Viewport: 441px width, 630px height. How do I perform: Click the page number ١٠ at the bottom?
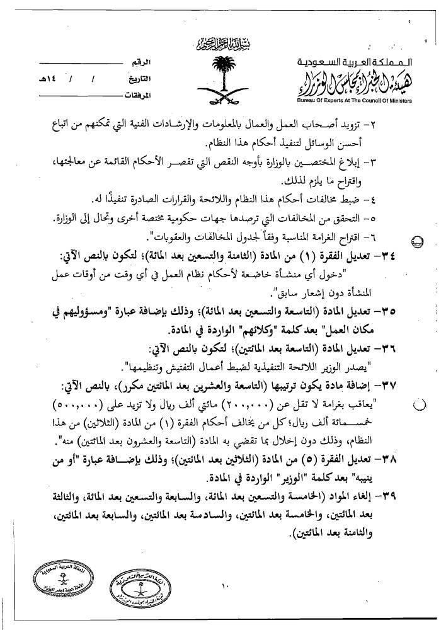coord(224,588)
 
